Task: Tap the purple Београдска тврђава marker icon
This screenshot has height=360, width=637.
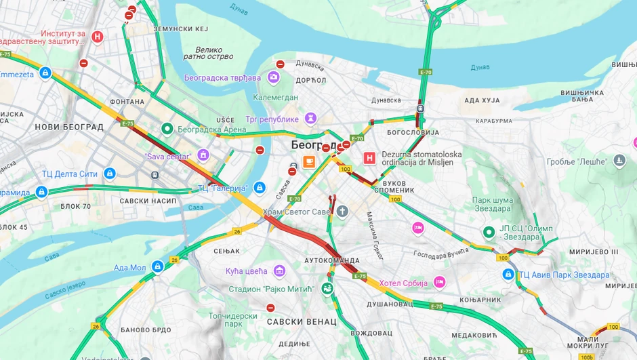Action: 274,77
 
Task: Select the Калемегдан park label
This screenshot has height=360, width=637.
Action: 276,97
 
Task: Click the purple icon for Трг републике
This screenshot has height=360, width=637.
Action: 310,119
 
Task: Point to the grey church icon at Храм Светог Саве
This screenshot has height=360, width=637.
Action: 342,212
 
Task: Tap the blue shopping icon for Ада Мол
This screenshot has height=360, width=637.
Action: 158,267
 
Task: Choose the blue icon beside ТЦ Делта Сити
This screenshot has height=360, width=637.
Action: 110,174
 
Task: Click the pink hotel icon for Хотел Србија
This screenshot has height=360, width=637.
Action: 440,281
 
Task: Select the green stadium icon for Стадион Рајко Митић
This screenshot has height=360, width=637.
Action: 327,289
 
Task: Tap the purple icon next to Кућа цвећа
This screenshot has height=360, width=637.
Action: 279,271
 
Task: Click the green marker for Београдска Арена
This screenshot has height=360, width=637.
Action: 167,128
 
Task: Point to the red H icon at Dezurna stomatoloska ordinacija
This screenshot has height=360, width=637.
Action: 369,159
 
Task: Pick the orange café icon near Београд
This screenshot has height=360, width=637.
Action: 309,161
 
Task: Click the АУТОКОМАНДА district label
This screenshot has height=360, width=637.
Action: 332,260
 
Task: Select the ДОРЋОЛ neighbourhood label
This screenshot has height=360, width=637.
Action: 311,80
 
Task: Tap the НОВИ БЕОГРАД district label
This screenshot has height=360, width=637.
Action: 69,127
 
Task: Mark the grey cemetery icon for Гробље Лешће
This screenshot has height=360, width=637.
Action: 619,161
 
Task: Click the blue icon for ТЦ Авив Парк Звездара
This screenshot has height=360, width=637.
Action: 508,275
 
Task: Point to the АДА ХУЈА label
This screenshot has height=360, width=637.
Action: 482,100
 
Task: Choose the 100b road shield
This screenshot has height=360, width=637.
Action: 587,356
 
